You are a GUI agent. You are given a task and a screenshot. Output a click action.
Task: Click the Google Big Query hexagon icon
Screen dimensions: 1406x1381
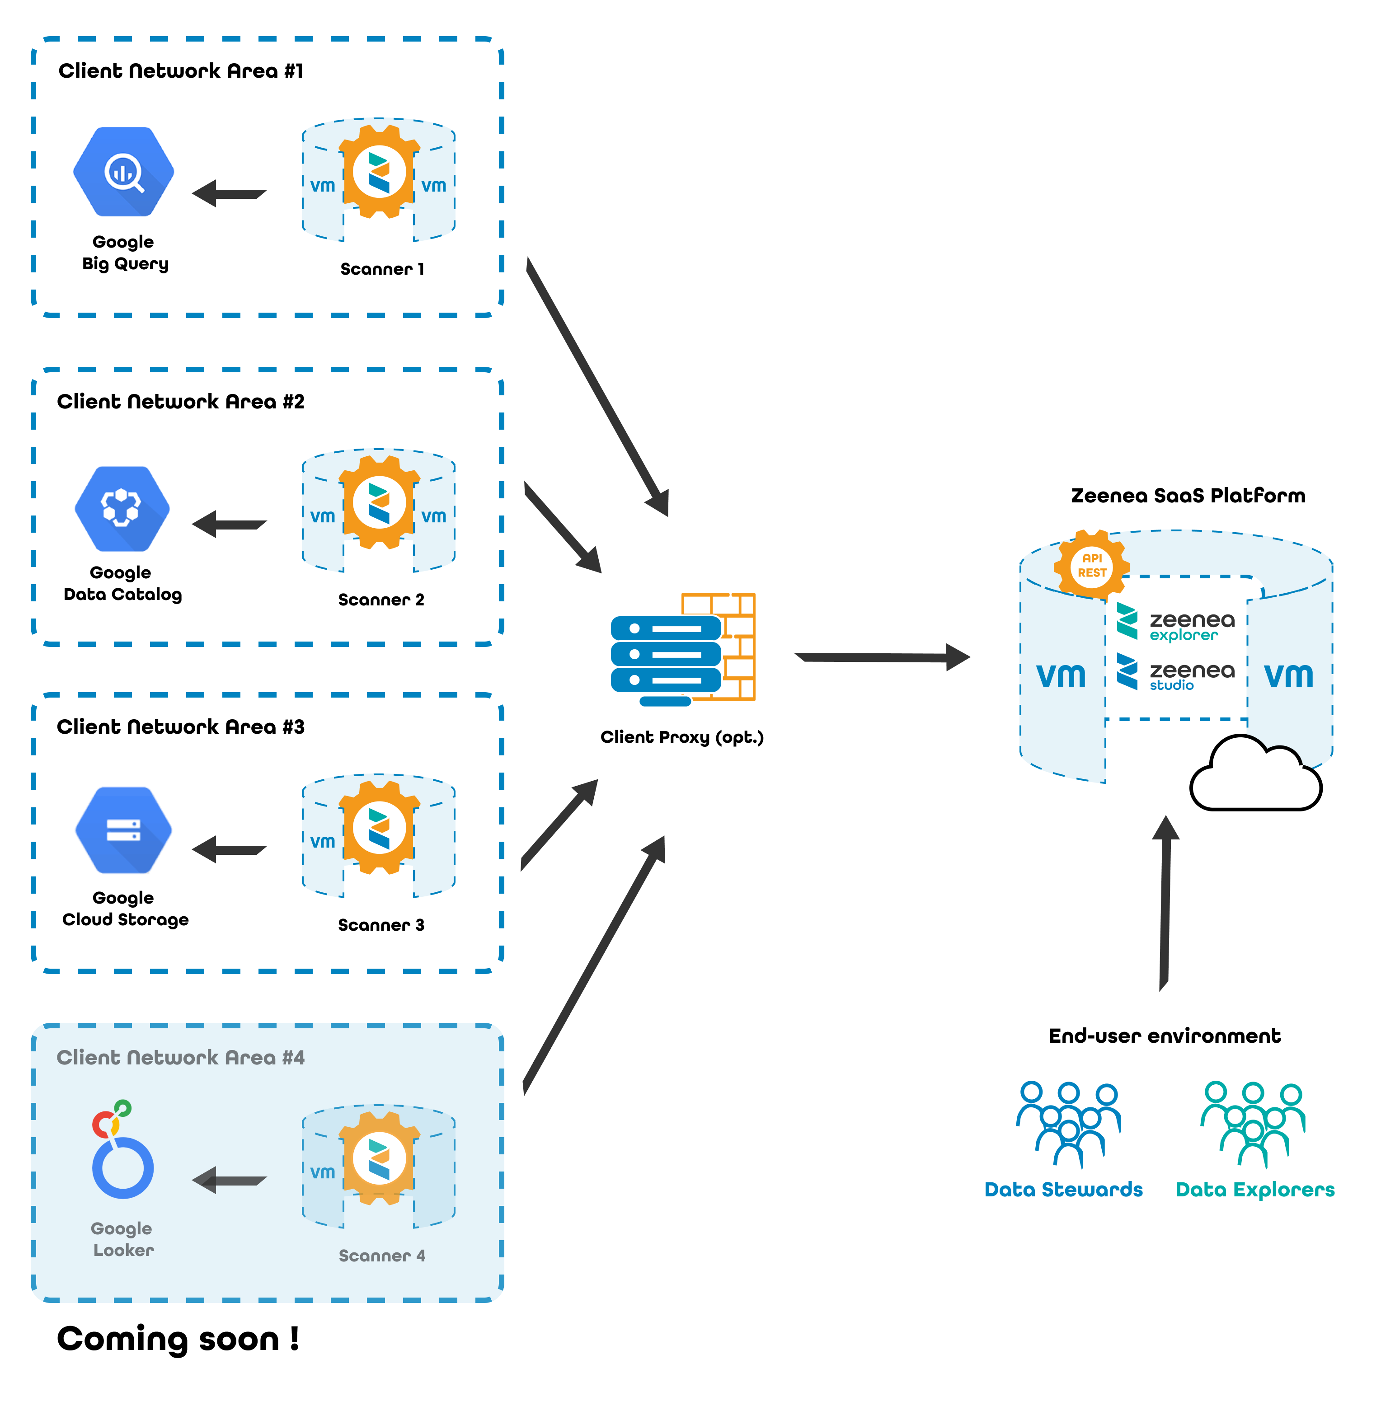(123, 172)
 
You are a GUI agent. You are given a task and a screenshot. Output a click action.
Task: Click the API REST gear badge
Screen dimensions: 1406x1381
(1092, 565)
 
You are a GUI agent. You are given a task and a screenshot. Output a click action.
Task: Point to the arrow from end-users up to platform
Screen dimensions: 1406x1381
(1165, 903)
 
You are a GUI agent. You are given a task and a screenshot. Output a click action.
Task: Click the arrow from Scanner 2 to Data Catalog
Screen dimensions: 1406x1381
(229, 524)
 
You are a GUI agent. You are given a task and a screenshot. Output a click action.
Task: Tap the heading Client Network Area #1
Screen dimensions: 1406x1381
(181, 70)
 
